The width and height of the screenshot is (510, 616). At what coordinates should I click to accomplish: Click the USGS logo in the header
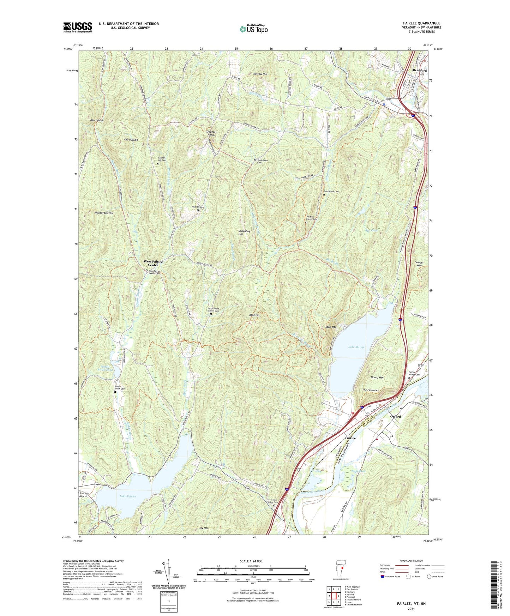[x=78, y=27]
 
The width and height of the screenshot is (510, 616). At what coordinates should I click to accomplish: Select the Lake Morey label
[x=356, y=347]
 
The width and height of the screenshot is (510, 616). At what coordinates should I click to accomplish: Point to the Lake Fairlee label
[x=128, y=496]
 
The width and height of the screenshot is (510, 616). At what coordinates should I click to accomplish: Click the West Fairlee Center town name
[x=153, y=263]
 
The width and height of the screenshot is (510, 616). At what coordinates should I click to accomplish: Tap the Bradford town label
[x=419, y=71]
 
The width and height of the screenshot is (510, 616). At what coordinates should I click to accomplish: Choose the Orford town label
[x=395, y=417]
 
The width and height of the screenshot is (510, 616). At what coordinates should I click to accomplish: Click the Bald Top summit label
[x=254, y=315]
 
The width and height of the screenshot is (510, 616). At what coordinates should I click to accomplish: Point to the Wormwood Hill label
[x=104, y=213]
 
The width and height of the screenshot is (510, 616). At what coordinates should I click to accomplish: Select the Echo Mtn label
[x=331, y=327]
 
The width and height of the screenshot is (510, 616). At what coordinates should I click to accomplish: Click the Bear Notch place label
[x=97, y=120]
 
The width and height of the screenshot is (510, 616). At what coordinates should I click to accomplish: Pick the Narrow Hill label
[x=260, y=74]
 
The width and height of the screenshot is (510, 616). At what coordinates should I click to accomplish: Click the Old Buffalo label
[x=131, y=140]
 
